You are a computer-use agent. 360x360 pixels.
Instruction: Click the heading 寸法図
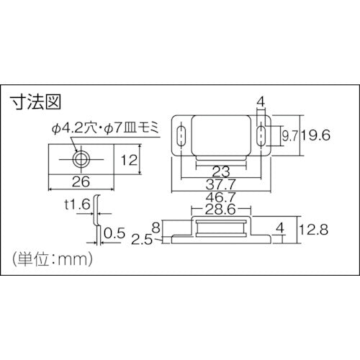tap(33, 102)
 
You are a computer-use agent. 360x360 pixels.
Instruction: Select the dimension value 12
tap(130, 160)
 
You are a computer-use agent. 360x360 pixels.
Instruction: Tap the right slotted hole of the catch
tap(260, 135)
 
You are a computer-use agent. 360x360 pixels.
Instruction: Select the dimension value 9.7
tap(289, 135)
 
